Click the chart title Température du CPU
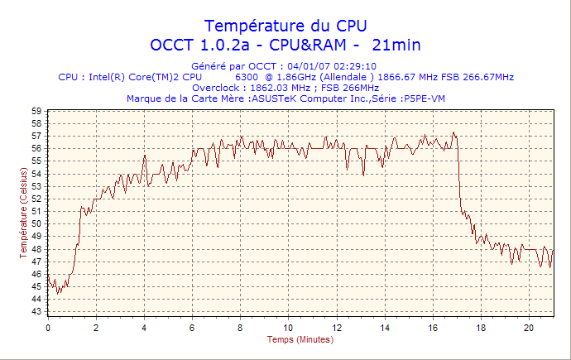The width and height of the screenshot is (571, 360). click(285, 25)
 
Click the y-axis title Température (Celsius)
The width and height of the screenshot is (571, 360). click(24, 212)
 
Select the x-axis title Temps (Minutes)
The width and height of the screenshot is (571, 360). click(300, 339)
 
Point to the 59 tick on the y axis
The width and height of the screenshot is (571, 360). click(37, 111)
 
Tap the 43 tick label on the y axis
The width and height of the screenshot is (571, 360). click(37, 311)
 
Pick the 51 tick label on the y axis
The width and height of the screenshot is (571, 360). click(37, 211)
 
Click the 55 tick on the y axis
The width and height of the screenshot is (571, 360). click(37, 161)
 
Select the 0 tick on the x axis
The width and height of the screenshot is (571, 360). click(48, 328)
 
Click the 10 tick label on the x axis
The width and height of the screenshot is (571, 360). click(288, 328)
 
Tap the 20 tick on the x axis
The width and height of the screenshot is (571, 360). click(529, 328)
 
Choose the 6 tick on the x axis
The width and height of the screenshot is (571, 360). click(192, 328)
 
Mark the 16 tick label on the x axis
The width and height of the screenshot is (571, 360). click(433, 328)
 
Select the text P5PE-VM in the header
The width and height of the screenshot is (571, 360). click(423, 98)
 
